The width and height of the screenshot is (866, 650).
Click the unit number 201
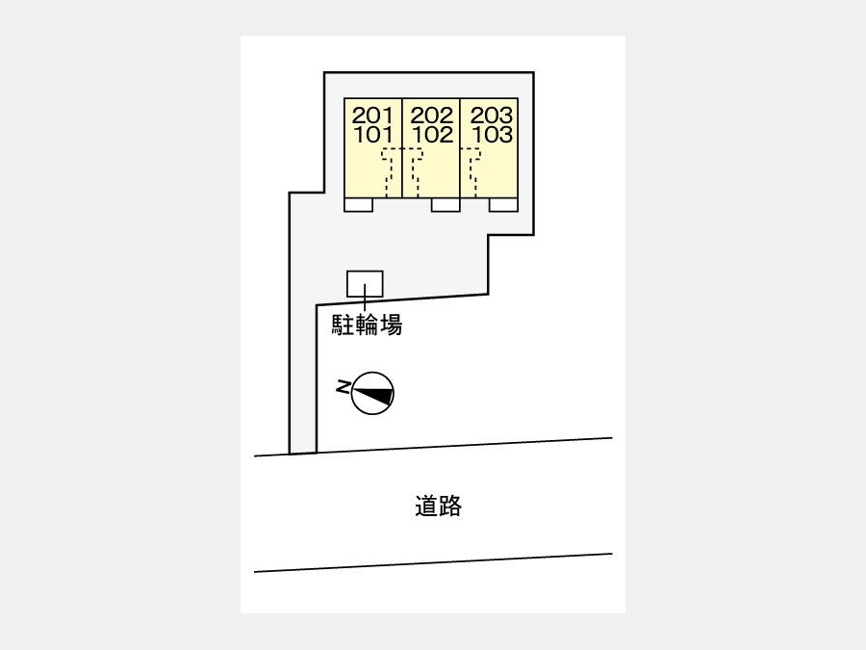[372, 115]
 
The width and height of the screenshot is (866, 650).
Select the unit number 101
[374, 134]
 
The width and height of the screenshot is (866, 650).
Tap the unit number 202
[431, 115]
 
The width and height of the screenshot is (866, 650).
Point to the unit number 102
[433, 134]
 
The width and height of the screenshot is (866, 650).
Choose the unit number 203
[492, 115]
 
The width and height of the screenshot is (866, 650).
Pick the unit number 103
[493, 134]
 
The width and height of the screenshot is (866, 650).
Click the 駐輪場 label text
[367, 325]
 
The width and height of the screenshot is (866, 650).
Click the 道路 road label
[439, 506]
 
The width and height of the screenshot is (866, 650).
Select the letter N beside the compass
[343, 387]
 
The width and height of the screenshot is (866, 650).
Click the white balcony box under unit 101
[359, 204]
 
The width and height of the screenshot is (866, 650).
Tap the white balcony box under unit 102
[446, 204]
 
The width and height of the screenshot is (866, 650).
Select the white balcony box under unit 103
[503, 204]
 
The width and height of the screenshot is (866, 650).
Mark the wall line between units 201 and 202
[402, 147]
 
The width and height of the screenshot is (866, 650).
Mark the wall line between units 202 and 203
[460, 147]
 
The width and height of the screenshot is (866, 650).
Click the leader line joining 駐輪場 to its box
[365, 298]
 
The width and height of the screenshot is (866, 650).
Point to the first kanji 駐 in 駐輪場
[343, 325]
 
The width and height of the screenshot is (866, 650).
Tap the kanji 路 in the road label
[450, 506]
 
